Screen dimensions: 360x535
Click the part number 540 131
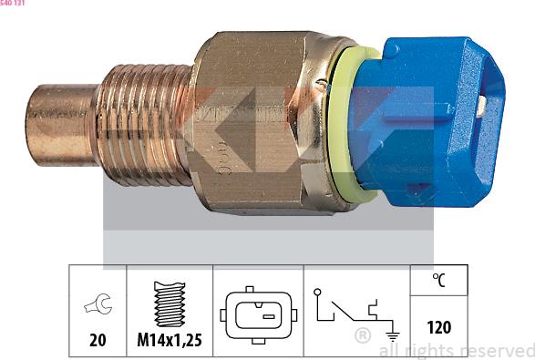[x=13, y=4]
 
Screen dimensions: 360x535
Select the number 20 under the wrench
[x=98, y=341]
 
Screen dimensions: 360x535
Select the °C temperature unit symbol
[x=438, y=281]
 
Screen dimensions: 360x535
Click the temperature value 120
[x=438, y=327]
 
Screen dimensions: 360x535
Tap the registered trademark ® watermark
[x=361, y=337]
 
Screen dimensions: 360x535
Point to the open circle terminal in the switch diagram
[x=316, y=293]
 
